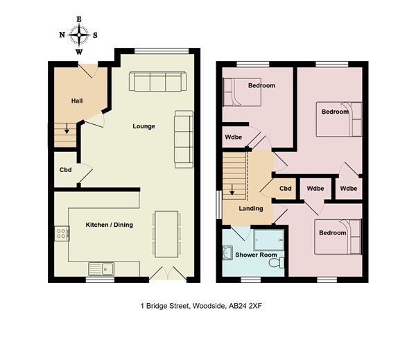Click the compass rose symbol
(79, 35)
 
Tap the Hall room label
(77, 101)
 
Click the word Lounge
(144, 126)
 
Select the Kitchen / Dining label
(110, 225)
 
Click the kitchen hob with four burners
(62, 234)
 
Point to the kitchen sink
(101, 269)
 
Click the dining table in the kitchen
(166, 234)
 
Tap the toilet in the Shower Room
(277, 263)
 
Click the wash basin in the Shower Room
(227, 252)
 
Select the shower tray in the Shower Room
(269, 240)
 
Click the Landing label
(251, 209)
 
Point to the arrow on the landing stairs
(232, 190)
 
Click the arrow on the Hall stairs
(67, 128)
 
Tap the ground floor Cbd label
(66, 170)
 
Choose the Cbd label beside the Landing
(286, 189)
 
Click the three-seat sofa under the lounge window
(157, 82)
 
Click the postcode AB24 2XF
(245, 306)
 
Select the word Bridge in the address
(157, 307)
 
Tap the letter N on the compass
(62, 35)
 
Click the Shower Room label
(256, 255)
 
